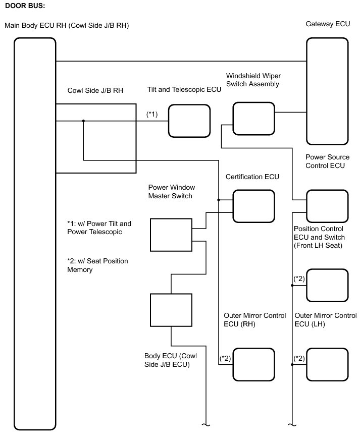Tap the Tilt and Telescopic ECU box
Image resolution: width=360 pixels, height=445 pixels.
(x=189, y=121)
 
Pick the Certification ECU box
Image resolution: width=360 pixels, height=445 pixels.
(x=253, y=205)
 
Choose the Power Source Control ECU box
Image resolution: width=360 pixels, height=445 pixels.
(x=327, y=205)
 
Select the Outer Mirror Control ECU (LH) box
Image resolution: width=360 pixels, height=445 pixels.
(x=327, y=364)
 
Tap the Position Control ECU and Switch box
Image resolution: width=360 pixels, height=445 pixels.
(x=327, y=285)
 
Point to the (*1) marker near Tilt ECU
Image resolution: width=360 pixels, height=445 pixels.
(x=152, y=114)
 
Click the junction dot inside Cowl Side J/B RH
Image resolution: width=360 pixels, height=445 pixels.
(x=83, y=121)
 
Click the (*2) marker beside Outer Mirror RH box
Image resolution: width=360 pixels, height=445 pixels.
(x=225, y=358)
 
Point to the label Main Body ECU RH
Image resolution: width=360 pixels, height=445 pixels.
(x=66, y=25)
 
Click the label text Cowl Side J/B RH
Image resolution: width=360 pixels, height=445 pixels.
(x=95, y=90)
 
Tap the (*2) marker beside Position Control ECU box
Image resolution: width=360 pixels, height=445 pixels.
(x=299, y=279)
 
